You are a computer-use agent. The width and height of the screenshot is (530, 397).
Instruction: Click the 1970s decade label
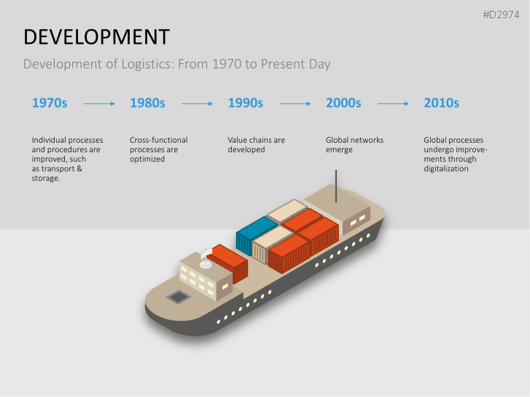(50, 103)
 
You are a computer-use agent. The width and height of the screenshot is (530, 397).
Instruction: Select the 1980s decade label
(147, 103)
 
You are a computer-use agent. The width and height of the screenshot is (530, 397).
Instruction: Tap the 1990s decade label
(246, 103)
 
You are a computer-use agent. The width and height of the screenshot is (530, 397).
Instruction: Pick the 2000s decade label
(343, 103)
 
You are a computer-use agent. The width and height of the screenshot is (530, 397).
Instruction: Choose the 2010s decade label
(441, 103)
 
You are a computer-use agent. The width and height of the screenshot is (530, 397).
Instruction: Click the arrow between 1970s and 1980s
(99, 104)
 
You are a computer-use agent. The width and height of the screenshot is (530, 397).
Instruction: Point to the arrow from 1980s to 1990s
(197, 104)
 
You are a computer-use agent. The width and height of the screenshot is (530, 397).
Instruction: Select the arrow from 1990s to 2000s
(295, 104)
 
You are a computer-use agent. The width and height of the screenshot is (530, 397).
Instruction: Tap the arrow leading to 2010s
(393, 104)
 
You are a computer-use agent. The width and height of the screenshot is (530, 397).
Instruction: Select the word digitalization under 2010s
(446, 169)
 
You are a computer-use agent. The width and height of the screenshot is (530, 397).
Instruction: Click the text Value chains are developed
(256, 144)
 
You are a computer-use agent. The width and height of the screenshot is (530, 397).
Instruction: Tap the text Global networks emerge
(354, 144)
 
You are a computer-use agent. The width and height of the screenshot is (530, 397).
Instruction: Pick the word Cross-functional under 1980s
(158, 140)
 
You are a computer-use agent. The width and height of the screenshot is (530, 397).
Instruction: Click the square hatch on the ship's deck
(176, 296)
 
